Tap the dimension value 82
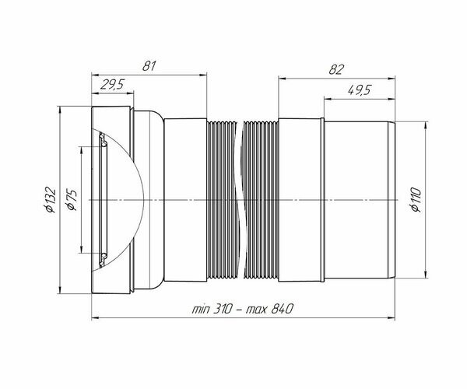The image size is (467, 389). point(336,69)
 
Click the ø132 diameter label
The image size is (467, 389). point(50,200)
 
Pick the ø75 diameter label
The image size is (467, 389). point(71,200)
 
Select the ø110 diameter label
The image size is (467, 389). point(414,200)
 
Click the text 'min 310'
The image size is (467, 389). point(213,309)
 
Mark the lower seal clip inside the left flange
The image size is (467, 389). point(102,257)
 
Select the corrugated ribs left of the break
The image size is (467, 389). point(222,199)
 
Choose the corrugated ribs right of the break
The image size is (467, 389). point(262,199)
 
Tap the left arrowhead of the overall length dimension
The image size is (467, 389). point(96,317)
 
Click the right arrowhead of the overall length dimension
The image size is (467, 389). point(392,317)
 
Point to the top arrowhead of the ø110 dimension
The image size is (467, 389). point(425,124)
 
